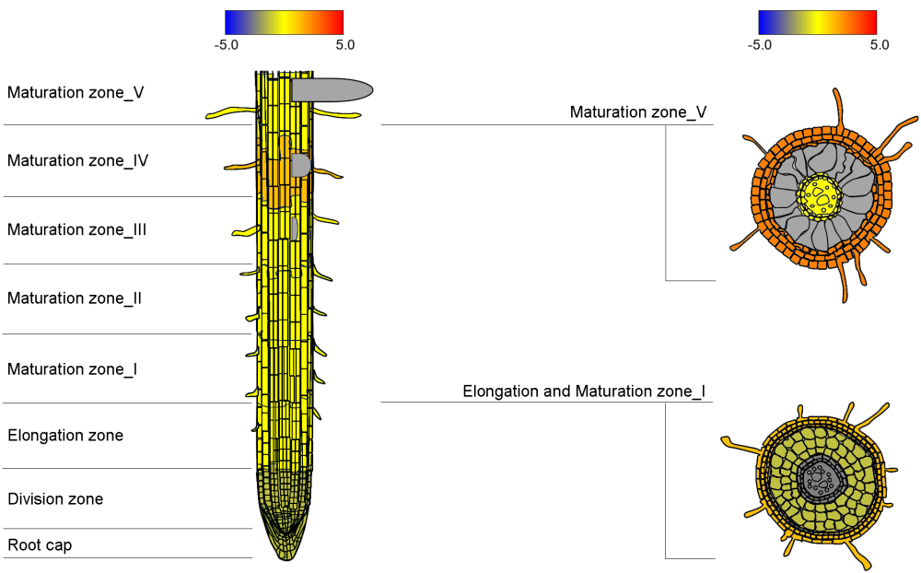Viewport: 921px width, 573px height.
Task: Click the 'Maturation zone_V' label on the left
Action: point(76,92)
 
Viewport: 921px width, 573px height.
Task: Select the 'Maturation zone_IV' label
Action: point(78,160)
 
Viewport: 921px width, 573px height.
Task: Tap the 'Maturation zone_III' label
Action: point(77,229)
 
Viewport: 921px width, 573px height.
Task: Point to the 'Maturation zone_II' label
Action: point(75,298)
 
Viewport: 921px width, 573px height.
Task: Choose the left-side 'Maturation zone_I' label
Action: point(73,369)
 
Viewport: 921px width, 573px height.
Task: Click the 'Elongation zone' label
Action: point(65,435)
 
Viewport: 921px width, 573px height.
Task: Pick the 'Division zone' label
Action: point(55,499)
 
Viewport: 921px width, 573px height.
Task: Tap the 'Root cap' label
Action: point(40,545)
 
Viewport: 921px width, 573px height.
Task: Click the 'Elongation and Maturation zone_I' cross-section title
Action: point(584,392)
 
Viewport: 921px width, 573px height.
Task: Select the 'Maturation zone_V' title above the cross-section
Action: point(638,112)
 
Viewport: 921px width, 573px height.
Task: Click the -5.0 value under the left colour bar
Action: point(226,44)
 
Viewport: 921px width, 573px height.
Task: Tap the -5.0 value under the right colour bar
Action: point(759,44)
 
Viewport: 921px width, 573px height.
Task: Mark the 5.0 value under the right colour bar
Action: point(879,44)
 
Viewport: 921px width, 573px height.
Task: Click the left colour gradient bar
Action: point(284,22)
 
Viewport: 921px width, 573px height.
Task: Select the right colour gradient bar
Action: point(817,22)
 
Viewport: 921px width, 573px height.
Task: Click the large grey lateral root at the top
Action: point(332,89)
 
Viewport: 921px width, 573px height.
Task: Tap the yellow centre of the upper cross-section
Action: point(818,194)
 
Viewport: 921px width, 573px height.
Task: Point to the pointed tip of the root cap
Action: point(284,557)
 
